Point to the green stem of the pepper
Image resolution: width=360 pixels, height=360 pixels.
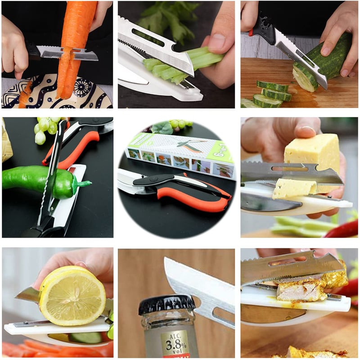coord(84,184)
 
